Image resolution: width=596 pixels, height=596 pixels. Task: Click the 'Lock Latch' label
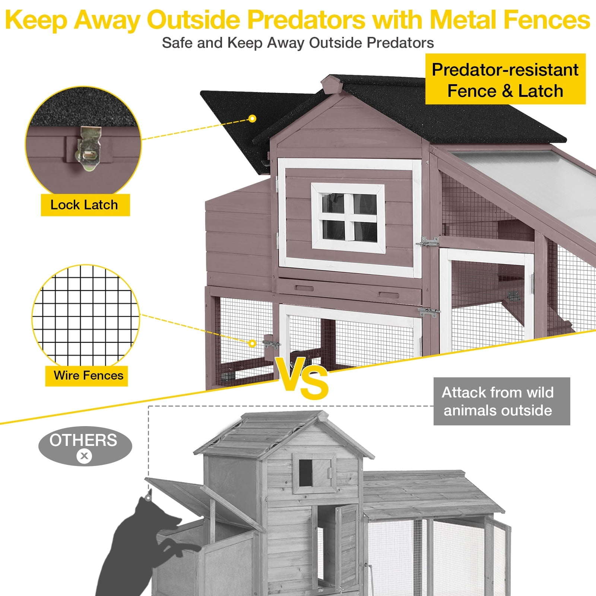pyautogui.click(x=85, y=205)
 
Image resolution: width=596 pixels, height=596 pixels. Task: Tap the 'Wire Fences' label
pyautogui.click(x=87, y=375)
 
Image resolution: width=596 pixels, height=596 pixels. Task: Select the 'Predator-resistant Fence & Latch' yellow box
pyautogui.click(x=505, y=79)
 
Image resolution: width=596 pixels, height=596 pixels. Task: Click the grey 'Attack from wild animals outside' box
pyautogui.click(x=502, y=401)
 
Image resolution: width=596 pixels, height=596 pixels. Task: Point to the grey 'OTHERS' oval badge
pyautogui.click(x=85, y=446)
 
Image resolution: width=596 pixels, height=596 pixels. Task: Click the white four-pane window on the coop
pyautogui.click(x=348, y=216)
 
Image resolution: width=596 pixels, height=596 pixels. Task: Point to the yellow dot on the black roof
pyautogui.click(x=253, y=119)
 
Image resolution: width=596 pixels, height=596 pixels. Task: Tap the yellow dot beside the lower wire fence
pyautogui.click(x=253, y=343)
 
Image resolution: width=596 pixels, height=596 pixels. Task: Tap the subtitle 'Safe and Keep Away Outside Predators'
pyautogui.click(x=298, y=43)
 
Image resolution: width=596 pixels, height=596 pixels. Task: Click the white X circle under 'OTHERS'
pyautogui.click(x=85, y=456)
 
